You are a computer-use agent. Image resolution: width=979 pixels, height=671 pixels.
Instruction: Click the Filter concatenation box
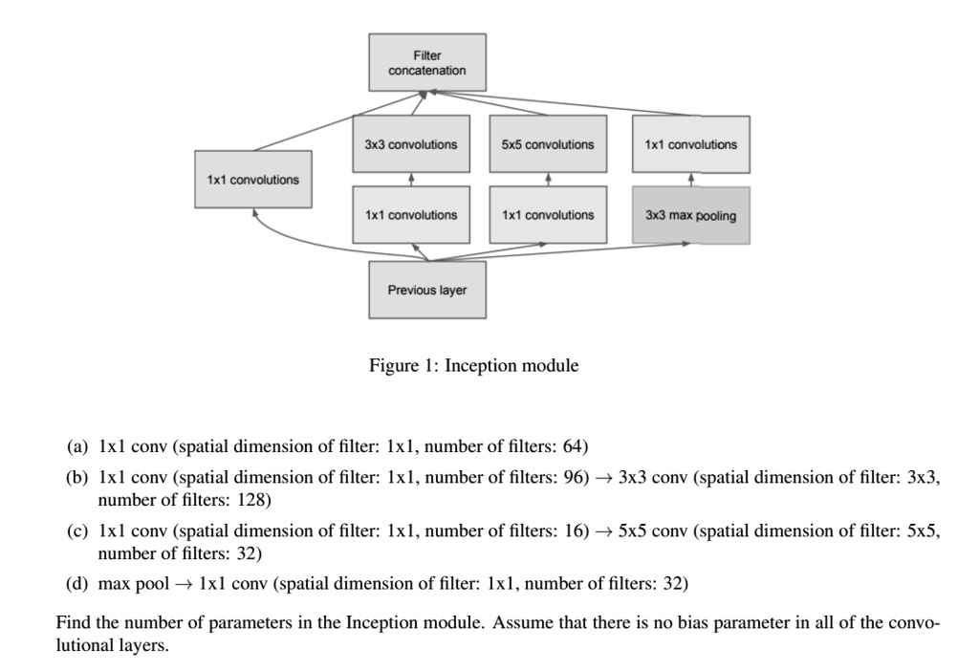pos(427,63)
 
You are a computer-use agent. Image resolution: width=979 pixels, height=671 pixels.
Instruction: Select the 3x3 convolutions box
pos(411,144)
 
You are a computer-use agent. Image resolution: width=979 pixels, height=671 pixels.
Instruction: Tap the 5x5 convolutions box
pos(548,144)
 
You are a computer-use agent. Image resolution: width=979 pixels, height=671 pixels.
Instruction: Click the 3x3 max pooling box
pos(690,215)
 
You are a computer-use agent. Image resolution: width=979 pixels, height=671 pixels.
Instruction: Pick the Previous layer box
pos(427,290)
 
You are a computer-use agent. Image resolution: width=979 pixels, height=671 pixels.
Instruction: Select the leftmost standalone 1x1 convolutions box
pos(252,180)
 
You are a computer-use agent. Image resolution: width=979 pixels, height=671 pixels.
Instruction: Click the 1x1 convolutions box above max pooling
pos(690,144)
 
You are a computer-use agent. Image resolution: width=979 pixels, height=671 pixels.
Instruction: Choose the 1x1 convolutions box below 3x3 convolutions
pos(411,215)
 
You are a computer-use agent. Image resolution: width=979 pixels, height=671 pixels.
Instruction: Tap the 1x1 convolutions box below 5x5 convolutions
pos(548,215)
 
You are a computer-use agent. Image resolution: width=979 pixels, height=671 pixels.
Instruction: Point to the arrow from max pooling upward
pos(690,180)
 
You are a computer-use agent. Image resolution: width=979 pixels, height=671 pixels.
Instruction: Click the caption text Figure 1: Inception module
pos(474,365)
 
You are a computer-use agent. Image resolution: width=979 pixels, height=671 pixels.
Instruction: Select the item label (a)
pos(76,446)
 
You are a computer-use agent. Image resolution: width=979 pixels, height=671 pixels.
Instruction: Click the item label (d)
pos(76,583)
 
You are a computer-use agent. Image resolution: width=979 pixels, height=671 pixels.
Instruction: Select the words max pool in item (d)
pos(134,583)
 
